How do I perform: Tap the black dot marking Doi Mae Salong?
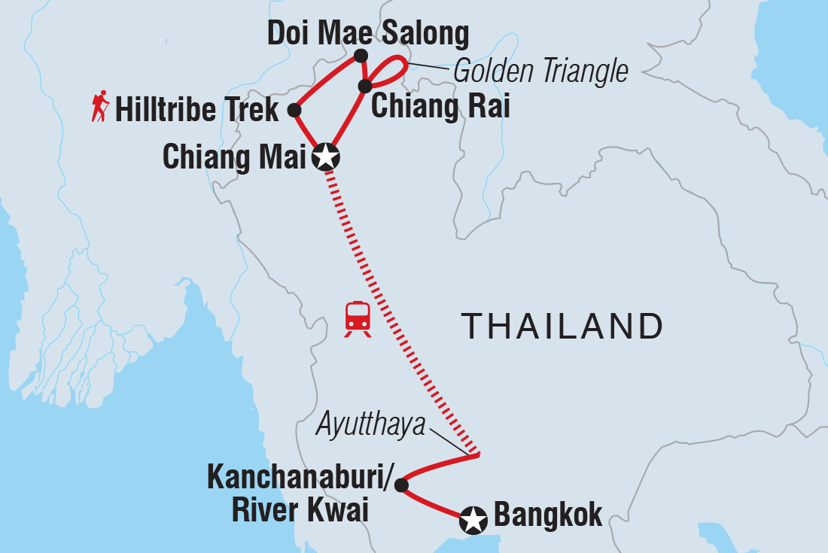tap(361, 55)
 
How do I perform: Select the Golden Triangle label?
tap(540, 71)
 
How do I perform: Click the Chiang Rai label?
tap(440, 107)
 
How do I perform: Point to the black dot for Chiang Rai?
tap(365, 86)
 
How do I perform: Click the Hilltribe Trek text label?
tap(197, 111)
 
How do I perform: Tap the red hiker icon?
tap(100, 107)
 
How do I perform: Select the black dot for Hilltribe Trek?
tap(294, 111)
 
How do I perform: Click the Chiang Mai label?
tap(233, 157)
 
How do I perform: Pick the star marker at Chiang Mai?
tap(326, 157)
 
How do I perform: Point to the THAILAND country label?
tap(562, 327)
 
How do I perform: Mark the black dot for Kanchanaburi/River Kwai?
tap(401, 485)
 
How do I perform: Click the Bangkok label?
tap(547, 516)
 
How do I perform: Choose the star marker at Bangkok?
tap(473, 519)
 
